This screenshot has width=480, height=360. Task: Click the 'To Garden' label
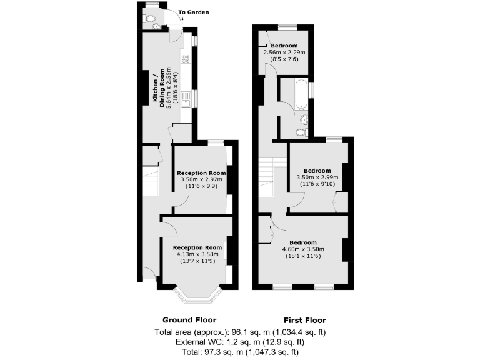(194, 12)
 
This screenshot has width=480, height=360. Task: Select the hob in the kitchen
(186, 59)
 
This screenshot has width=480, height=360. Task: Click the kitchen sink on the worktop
(186, 99)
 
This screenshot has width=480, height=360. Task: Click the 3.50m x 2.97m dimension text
(200, 179)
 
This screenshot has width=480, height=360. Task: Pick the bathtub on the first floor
(302, 94)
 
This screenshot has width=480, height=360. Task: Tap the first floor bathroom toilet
(301, 132)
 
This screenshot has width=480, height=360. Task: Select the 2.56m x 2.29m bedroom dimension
(284, 52)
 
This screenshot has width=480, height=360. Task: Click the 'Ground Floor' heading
(189, 320)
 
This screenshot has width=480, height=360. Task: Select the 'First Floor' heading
(304, 320)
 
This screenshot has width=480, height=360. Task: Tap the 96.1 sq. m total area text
(240, 332)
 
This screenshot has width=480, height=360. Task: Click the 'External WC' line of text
(240, 342)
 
